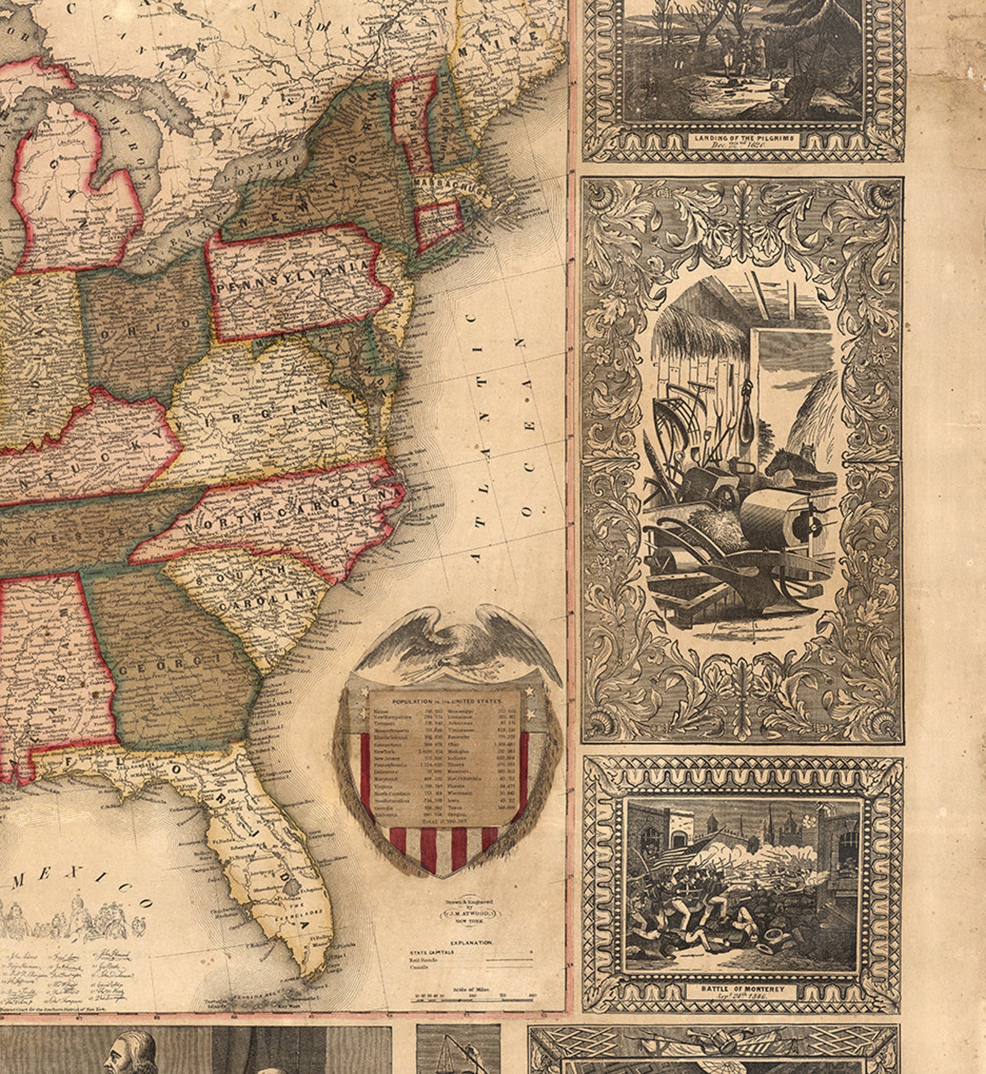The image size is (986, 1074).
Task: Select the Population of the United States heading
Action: (x=444, y=700)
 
